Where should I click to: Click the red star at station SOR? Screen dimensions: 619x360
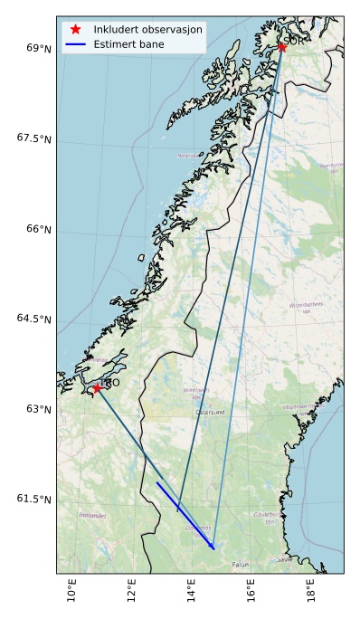(281, 47)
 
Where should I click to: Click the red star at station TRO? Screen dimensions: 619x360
(97, 387)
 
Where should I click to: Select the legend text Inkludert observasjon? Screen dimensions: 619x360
(148, 29)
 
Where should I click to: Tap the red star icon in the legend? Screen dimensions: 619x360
(76, 29)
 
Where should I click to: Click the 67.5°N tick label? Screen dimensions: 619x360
(33, 138)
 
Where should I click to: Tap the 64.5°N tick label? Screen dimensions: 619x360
(33, 319)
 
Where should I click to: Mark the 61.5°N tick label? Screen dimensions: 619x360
(33, 499)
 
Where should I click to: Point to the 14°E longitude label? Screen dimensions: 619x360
(192, 592)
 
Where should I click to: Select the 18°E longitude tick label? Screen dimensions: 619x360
(312, 592)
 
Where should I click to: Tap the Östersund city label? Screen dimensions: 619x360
(209, 412)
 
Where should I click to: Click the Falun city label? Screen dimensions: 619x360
(240, 564)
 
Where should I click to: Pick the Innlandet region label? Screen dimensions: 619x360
(92, 515)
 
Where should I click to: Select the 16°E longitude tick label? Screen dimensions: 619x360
(252, 592)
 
